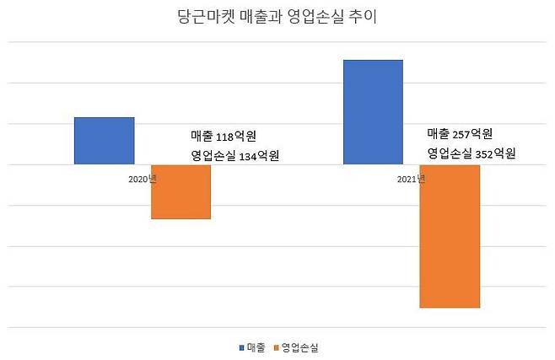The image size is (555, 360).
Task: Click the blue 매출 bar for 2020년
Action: point(105,141)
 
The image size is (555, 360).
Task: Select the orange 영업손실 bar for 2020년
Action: point(181,191)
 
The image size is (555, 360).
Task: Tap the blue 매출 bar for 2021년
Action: point(373,112)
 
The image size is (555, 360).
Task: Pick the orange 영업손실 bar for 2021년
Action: point(450,236)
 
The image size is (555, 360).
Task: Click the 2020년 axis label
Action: point(143,180)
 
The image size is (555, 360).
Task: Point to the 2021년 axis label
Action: point(411,180)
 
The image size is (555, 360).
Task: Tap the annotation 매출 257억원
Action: point(460,134)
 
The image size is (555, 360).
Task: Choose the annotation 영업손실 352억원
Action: point(471,153)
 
